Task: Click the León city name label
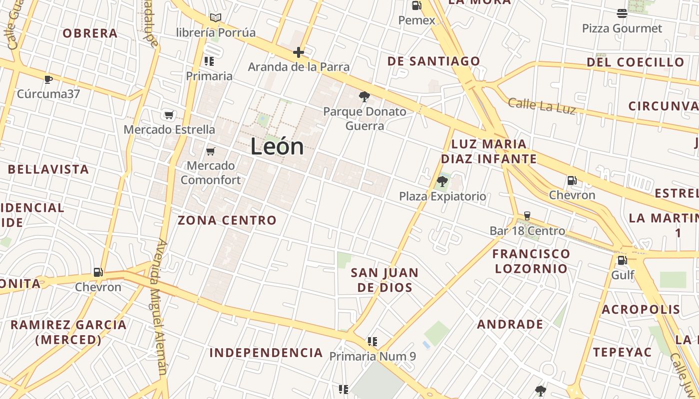tap(277, 147)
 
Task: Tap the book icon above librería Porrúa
tap(216, 18)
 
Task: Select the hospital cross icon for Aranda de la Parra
tap(299, 52)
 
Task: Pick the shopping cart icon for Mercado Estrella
tap(169, 115)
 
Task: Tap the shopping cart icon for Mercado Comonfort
tap(211, 151)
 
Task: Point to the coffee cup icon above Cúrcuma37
tap(48, 79)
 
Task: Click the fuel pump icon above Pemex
tap(416, 5)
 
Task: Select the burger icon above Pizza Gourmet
tap(622, 13)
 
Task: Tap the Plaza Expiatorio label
tap(442, 197)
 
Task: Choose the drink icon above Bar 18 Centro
tap(527, 216)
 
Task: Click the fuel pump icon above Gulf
tap(622, 260)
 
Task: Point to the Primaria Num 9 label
tap(372, 357)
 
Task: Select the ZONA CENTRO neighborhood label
tap(227, 220)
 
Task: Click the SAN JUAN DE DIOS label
tap(384, 280)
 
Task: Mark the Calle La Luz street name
tap(542, 106)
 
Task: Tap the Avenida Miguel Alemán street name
tap(161, 307)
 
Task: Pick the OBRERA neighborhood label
tap(90, 33)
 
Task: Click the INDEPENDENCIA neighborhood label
tap(266, 353)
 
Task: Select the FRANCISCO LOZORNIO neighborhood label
tap(531, 261)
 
